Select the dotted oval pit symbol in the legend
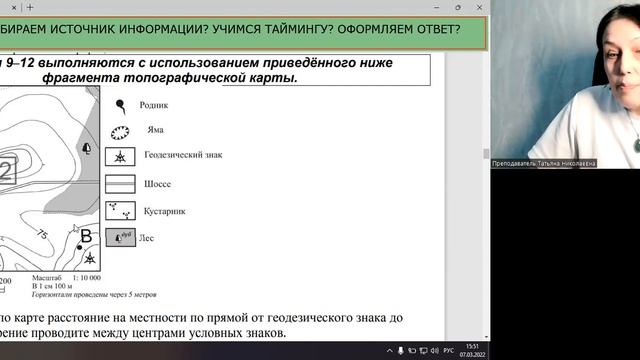point(120,131)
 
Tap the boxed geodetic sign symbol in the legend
point(120,158)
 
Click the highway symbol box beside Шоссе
point(120,184)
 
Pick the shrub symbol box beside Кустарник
point(120,211)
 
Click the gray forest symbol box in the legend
point(120,238)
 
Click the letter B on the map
point(86,236)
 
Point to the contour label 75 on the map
point(42,234)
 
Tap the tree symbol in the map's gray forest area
point(86,148)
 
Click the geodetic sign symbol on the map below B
point(90,258)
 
